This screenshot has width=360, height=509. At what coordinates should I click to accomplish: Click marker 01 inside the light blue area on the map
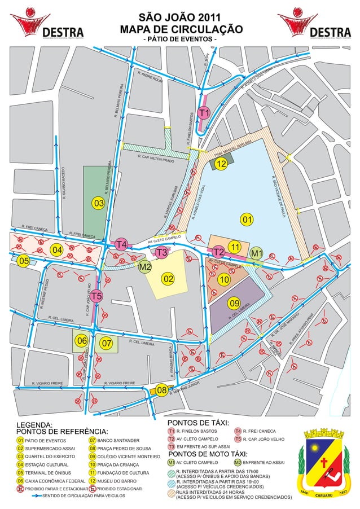coord(245,218)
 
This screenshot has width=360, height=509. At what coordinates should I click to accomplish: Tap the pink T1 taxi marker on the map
coord(204,113)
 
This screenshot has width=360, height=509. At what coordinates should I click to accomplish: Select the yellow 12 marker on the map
coord(221,164)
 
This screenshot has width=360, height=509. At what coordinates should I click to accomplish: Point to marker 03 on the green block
coord(99,203)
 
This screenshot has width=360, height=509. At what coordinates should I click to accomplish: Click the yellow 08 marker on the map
coord(161,390)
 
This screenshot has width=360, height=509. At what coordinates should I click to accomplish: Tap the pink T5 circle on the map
coord(96,296)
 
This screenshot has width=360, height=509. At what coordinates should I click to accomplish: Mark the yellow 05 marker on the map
coord(23,261)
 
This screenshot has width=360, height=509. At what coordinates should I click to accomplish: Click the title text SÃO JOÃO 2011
coord(179,17)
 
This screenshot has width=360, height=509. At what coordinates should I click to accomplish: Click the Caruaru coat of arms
coord(324,466)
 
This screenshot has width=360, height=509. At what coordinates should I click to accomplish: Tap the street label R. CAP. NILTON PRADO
coord(155,159)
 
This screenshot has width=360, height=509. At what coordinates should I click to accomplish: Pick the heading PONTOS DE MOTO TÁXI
coord(208,454)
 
